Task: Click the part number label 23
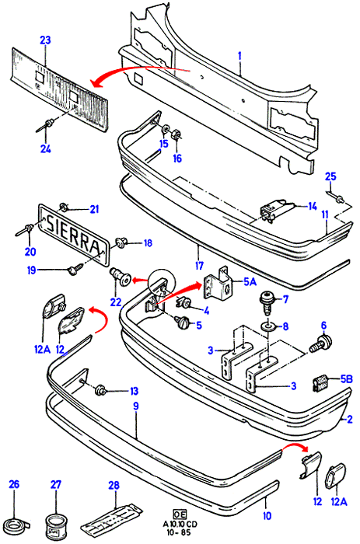pyautogui.click(x=45, y=40)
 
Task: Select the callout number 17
pyautogui.click(x=199, y=266)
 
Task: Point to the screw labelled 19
pyautogui.click(x=75, y=269)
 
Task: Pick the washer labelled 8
pyautogui.click(x=268, y=326)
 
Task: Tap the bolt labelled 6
pyautogui.click(x=320, y=343)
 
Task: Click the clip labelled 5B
pyautogui.click(x=321, y=384)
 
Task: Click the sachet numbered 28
pyautogui.click(x=112, y=518)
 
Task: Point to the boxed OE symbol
pyautogui.click(x=180, y=514)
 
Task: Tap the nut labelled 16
pyautogui.click(x=177, y=134)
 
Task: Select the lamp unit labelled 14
pyautogui.click(x=276, y=210)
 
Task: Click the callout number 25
pyautogui.click(x=330, y=176)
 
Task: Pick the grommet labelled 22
pyautogui.click(x=120, y=276)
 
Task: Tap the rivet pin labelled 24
pyautogui.click(x=44, y=125)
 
